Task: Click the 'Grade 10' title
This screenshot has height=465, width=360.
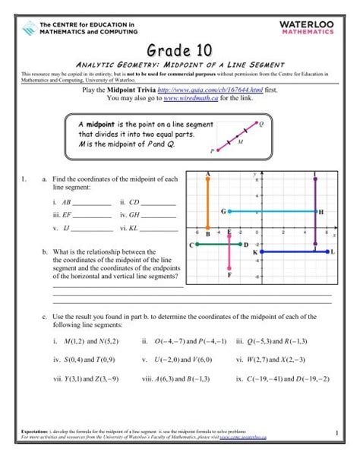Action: coord(180,50)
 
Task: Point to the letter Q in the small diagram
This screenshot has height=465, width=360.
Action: coord(261,123)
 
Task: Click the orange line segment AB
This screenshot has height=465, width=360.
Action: coord(208,205)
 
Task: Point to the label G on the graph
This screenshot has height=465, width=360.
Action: coord(223,210)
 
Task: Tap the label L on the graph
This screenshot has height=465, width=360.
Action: coord(335,251)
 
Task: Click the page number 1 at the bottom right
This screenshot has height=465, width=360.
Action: coord(334,432)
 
